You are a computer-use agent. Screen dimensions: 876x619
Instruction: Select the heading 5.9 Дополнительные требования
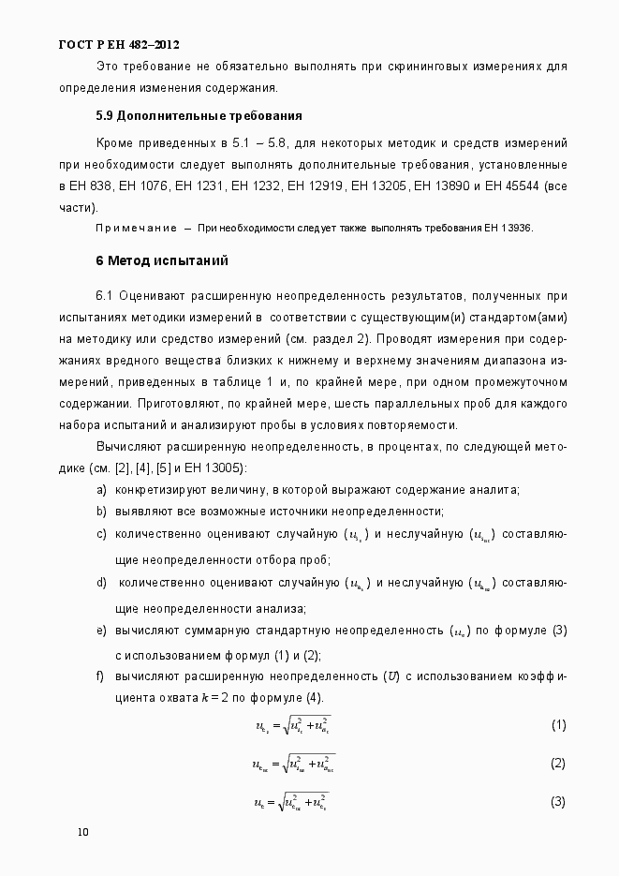pos(199,117)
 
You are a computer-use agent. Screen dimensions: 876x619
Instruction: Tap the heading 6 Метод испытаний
pos(162,260)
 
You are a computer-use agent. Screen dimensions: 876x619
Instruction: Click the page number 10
pos(83,832)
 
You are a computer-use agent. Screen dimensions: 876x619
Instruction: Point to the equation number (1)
pos(558,725)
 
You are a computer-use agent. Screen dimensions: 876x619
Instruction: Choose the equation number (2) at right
pos(558,764)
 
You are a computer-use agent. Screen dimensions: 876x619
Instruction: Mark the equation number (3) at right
pos(558,801)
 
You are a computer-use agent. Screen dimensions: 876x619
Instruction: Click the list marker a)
pos(101,491)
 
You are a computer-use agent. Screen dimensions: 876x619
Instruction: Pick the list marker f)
pos(100,676)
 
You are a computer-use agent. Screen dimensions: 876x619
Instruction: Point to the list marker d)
pos(101,583)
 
